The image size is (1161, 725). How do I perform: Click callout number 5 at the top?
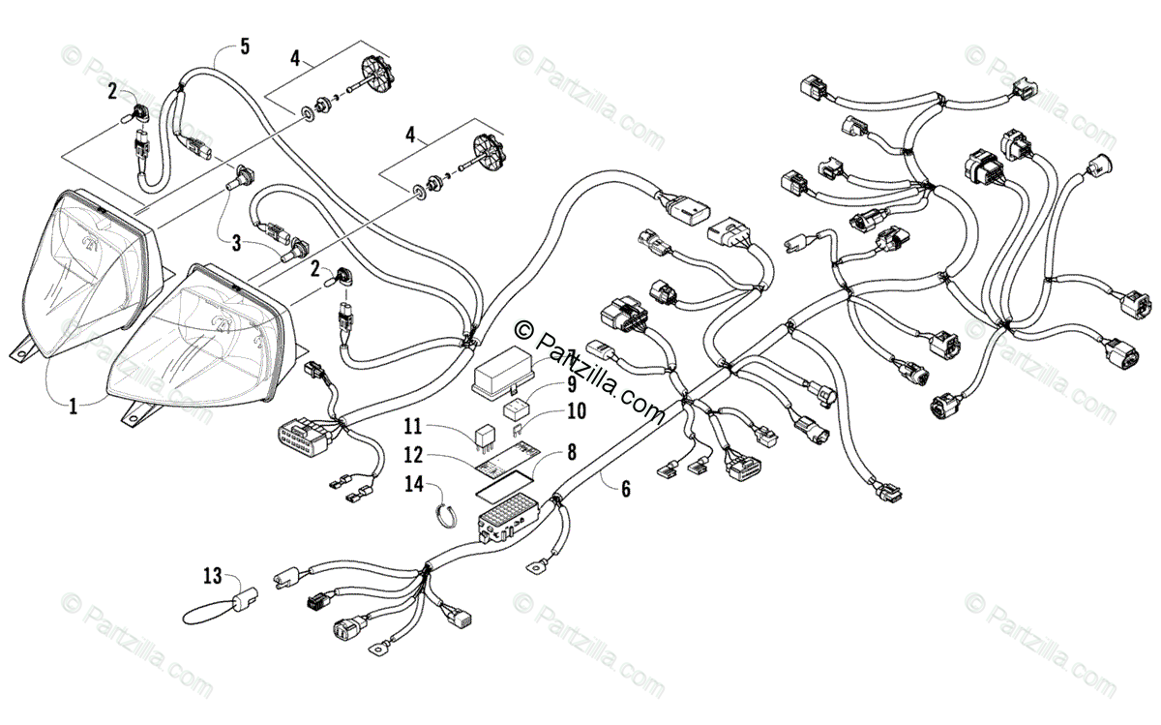coord(245,46)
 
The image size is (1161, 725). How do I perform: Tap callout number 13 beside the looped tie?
coord(213,576)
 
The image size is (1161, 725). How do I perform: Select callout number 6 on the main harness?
coord(626,489)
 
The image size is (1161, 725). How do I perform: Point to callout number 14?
coord(414,484)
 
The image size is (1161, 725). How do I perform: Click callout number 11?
coord(413,427)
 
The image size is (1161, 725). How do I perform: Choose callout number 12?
coord(413,455)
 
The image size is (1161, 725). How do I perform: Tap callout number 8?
coord(572,452)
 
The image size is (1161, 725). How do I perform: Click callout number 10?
coord(577,411)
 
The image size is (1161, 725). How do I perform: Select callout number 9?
coord(571,385)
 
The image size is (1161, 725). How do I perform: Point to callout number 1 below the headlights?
coord(74,407)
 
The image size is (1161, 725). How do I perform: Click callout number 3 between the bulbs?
coord(236,243)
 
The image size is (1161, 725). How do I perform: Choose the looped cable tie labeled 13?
coord(219,611)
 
